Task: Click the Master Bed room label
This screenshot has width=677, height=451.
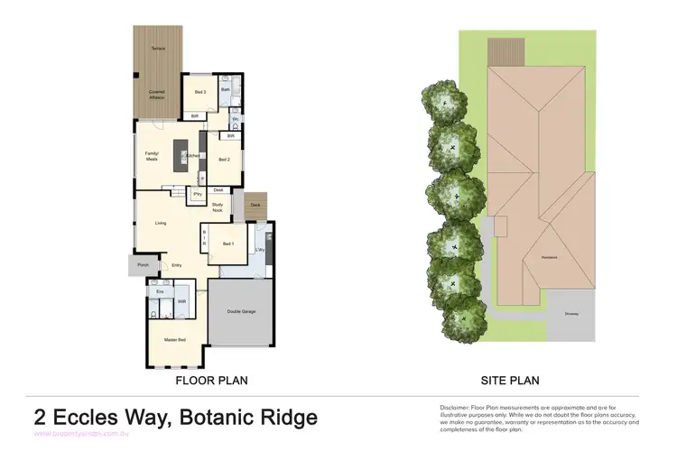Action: (x=175, y=340)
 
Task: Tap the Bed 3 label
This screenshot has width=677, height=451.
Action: (x=200, y=92)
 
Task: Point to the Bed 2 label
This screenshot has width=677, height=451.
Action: (x=225, y=160)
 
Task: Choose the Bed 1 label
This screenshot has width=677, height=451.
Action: (x=228, y=244)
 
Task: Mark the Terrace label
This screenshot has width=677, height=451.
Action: (x=158, y=47)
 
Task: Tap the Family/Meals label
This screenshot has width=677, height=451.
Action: (x=152, y=156)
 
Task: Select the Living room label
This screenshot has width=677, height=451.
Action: (x=161, y=223)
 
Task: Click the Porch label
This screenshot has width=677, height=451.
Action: (x=143, y=265)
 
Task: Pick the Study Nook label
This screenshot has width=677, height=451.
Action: (x=218, y=207)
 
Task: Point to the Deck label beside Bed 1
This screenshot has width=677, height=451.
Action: (x=255, y=206)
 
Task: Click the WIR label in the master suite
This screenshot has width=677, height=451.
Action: (x=181, y=301)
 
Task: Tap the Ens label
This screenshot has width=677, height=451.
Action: (x=160, y=291)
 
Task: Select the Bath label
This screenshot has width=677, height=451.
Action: (x=225, y=90)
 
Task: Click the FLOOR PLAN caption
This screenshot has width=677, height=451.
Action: (x=211, y=381)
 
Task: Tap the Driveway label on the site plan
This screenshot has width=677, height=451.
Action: (x=571, y=314)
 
